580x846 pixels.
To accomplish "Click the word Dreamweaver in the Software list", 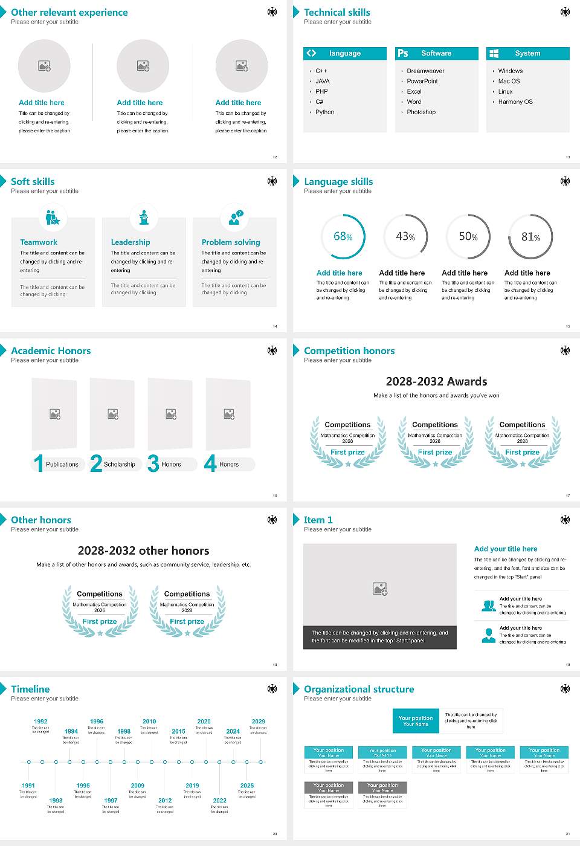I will [x=425, y=71].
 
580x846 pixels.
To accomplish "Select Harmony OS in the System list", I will [x=515, y=102].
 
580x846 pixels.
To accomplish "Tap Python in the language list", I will [x=324, y=112].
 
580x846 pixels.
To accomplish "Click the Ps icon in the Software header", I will [x=403, y=53].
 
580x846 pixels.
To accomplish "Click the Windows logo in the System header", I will [x=494, y=53].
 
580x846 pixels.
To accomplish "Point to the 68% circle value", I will [x=343, y=236].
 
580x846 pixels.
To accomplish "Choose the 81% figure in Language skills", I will [x=530, y=237].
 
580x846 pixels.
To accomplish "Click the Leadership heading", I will [x=130, y=242].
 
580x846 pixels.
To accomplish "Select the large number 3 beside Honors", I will [x=153, y=463].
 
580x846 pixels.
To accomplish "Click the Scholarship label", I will [x=119, y=464].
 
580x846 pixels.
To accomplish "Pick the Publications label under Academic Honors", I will [x=62, y=464].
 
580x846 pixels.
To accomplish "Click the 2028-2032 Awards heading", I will [x=436, y=381].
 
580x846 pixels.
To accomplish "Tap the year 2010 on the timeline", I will [x=149, y=721].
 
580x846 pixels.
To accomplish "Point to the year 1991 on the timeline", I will [x=28, y=786].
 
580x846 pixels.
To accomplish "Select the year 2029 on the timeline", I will [x=259, y=721].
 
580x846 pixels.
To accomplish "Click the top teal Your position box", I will [x=416, y=721].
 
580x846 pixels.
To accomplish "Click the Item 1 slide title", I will [x=318, y=520].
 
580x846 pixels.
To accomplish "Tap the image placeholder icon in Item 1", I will [x=380, y=588].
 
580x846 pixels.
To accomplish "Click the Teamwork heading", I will [x=39, y=242].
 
